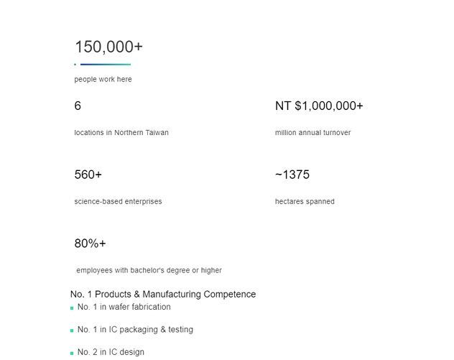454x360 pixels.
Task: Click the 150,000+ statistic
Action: point(108,47)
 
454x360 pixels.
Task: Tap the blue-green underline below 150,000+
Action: point(104,65)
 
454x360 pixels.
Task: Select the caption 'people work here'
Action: point(103,80)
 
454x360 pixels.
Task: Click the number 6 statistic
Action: point(78,106)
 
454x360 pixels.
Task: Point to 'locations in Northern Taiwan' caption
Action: point(121,133)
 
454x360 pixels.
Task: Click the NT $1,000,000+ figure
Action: point(319,106)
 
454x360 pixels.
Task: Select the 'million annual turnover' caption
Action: point(312,133)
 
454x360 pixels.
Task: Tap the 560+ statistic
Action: point(88,175)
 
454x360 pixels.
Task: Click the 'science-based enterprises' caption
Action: point(118,202)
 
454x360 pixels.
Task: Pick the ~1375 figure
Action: point(292,175)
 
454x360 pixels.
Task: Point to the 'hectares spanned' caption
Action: point(305,202)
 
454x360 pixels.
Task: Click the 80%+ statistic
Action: point(90,244)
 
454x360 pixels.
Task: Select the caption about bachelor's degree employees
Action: point(149,271)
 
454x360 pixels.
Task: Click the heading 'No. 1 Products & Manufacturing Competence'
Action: point(163,295)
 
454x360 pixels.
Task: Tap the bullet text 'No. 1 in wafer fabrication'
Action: point(124,307)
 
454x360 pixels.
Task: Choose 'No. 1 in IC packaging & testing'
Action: point(135,330)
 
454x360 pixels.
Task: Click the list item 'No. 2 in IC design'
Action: point(111,352)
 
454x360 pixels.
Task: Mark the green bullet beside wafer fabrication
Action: point(72,308)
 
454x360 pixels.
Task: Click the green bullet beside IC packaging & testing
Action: point(72,331)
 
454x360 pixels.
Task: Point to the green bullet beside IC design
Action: point(72,354)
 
